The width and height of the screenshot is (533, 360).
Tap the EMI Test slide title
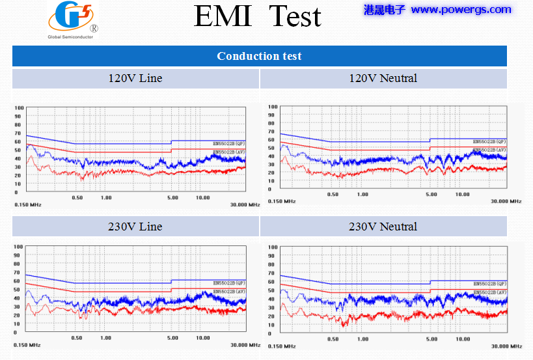tap(258, 16)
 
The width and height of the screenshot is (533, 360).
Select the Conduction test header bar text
tap(259, 56)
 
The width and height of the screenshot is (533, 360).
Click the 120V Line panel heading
tap(135, 78)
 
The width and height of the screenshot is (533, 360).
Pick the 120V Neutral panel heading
tap(383, 78)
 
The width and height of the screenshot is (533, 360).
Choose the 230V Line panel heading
tap(135, 227)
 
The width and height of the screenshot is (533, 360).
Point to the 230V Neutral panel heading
tap(383, 227)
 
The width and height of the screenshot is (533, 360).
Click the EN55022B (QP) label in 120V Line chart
tap(229, 143)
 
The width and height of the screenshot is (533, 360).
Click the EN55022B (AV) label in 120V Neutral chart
tap(490, 150)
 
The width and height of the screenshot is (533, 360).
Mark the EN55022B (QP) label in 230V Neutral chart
tap(490, 284)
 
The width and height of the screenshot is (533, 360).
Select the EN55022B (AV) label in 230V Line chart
tap(229, 291)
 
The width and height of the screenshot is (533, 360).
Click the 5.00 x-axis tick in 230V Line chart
tap(172, 338)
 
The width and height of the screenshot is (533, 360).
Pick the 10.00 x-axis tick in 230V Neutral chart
tap(463, 339)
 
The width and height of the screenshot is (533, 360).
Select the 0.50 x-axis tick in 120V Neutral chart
tap(333, 195)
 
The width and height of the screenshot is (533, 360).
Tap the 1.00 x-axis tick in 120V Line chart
tap(106, 197)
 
